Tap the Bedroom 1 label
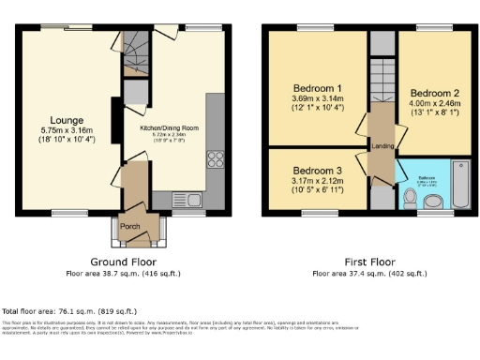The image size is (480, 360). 313,88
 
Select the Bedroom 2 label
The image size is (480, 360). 435,94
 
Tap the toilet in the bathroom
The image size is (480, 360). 410,198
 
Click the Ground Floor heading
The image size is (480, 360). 123,262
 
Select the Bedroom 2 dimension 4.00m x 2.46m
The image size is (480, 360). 435,105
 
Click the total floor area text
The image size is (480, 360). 70,310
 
